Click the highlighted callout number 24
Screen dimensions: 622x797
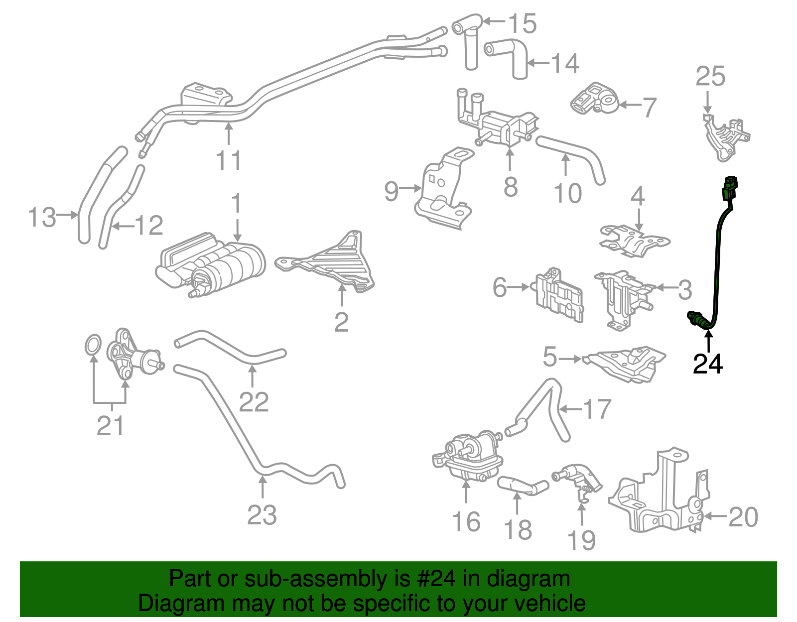pyautogui.click(x=707, y=365)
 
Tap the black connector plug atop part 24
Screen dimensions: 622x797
pyautogui.click(x=730, y=188)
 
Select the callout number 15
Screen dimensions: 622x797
pyautogui.click(x=522, y=23)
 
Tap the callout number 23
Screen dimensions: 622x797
pyautogui.click(x=262, y=515)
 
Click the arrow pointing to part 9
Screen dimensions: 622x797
pyautogui.click(x=411, y=188)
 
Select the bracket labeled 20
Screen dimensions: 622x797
pyautogui.click(x=658, y=498)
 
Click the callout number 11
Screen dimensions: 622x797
pyautogui.click(x=229, y=160)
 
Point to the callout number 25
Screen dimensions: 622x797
pyautogui.click(x=710, y=76)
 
